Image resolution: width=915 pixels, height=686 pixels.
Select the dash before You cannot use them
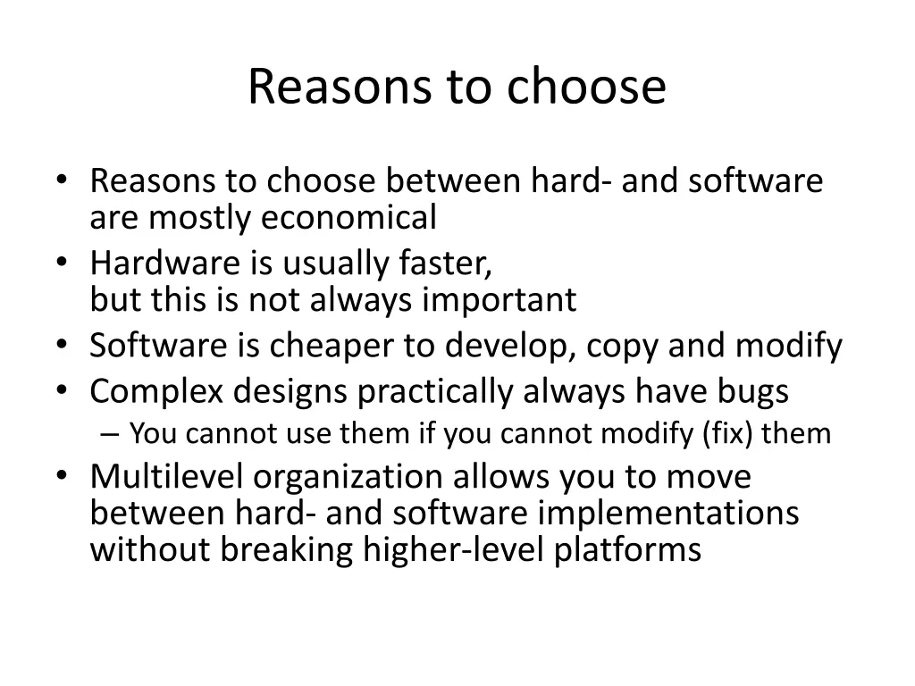(109, 435)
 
